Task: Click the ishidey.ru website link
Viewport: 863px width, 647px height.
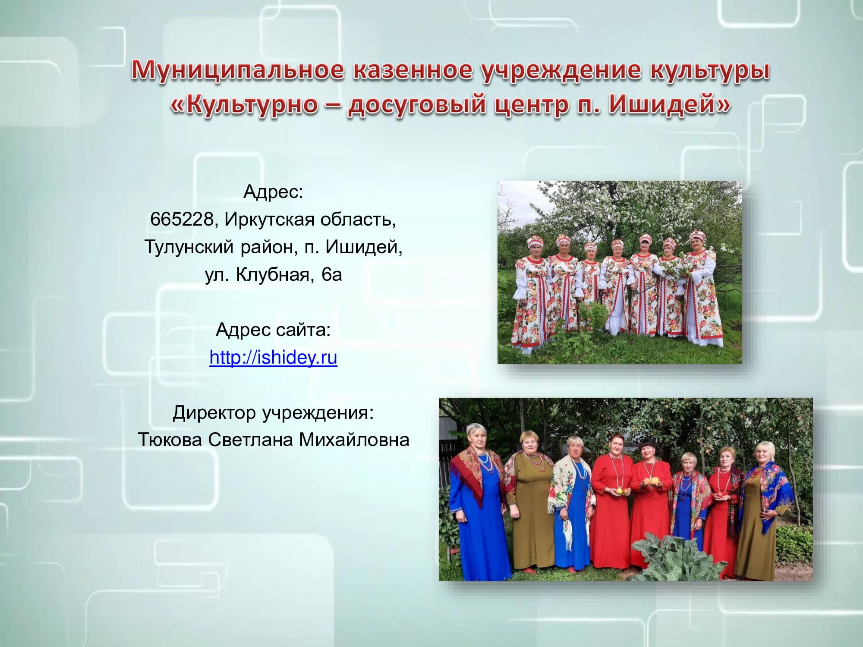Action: pyautogui.click(x=273, y=358)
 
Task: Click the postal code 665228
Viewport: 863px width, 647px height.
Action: pyautogui.click(x=181, y=220)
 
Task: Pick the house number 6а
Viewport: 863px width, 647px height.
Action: pyautogui.click(x=332, y=275)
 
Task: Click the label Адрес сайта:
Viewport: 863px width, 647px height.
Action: pyautogui.click(x=273, y=330)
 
